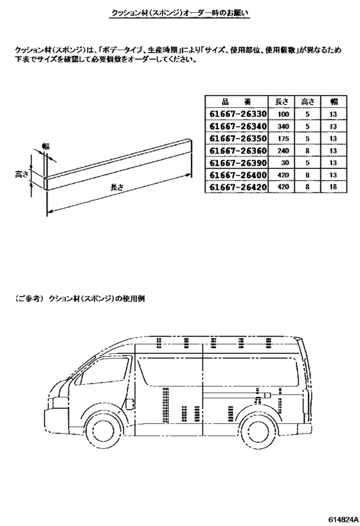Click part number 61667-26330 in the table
click(238, 114)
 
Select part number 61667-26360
click(238, 151)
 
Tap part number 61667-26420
click(238, 187)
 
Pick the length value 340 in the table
click(283, 127)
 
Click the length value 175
click(283, 139)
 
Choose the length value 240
click(283, 151)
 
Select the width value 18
click(333, 187)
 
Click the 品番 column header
click(236, 101)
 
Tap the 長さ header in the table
click(282, 101)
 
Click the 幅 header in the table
click(334, 101)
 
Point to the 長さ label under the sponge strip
click(117, 187)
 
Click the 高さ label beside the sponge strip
click(21, 175)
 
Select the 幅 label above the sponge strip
click(46, 146)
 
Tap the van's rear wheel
click(259, 433)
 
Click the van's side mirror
click(130, 404)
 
